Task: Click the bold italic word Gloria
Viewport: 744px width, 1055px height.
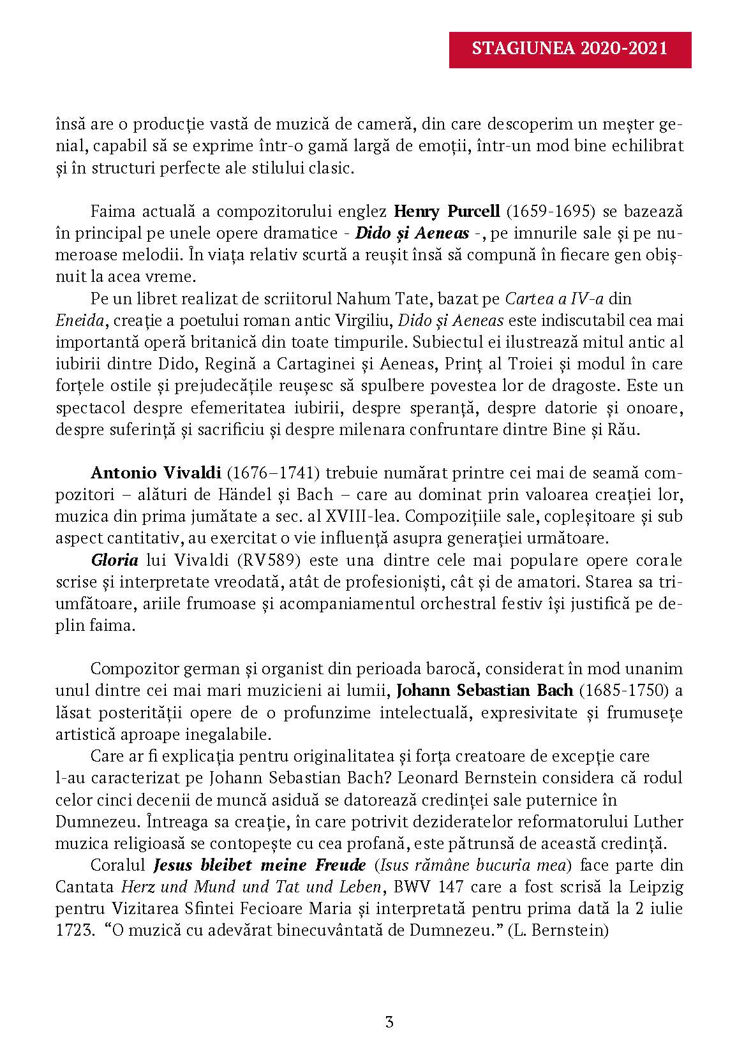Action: [x=114, y=561]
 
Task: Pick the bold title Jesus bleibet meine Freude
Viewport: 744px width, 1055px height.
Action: [x=260, y=866]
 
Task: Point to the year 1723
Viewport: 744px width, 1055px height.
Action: [x=71, y=931]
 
